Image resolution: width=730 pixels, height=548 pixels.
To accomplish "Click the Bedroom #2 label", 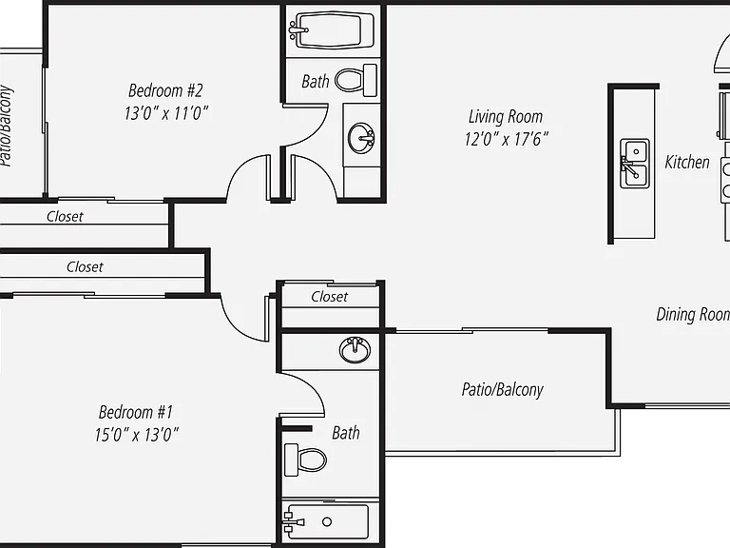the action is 165,90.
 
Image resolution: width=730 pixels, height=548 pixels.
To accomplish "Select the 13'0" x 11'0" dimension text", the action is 165,113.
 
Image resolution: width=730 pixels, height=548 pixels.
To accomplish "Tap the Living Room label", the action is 506,116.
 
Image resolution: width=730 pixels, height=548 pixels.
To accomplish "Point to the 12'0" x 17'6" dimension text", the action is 506,139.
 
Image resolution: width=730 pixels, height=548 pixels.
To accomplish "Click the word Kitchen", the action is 687,162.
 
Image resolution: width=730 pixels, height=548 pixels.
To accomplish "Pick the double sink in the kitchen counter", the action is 635,163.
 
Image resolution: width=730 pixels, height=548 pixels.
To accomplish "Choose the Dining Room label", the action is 693,315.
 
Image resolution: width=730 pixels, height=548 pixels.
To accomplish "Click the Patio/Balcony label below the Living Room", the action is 502,389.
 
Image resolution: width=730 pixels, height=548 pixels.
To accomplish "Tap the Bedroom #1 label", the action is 136,412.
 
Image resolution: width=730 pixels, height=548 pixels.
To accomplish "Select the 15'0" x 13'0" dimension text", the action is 136,435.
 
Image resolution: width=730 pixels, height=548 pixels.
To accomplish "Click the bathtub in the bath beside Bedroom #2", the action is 331,30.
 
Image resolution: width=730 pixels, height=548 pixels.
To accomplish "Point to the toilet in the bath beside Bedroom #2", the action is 355,80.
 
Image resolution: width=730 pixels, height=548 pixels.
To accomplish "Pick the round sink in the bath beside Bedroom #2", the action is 361,137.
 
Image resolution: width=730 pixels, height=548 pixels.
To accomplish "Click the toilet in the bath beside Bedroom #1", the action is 305,460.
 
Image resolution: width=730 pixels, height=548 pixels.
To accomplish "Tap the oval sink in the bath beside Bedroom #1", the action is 355,349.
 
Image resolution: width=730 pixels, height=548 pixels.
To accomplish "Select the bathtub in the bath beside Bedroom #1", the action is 325,522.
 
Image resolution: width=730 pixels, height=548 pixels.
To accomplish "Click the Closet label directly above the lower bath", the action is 329,297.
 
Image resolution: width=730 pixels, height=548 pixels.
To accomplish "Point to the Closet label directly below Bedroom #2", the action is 65,217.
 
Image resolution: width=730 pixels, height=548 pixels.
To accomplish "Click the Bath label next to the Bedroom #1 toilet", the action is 346,433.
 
